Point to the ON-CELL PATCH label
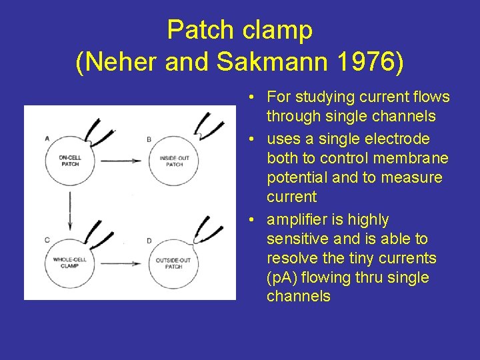(69, 161)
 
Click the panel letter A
(47, 139)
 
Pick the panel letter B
(148, 139)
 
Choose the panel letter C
(47, 239)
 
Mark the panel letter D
(148, 239)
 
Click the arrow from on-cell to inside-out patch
(120, 161)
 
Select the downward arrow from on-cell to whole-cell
(69, 210)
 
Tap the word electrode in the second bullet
(399, 139)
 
